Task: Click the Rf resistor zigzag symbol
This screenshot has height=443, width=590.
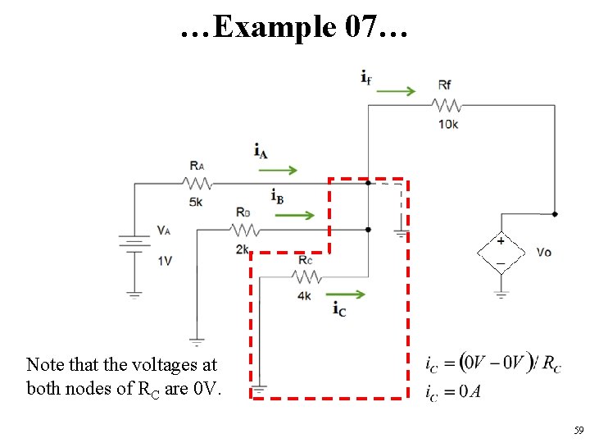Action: click(x=447, y=106)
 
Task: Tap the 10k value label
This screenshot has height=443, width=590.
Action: click(x=448, y=125)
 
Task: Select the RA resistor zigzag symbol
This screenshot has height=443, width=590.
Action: click(x=197, y=184)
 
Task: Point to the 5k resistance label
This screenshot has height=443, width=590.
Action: click(x=196, y=203)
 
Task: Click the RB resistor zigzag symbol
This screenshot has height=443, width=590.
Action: click(x=244, y=230)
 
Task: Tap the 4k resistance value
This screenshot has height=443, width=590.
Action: click(x=304, y=296)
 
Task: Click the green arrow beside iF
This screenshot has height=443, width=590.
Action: click(x=396, y=91)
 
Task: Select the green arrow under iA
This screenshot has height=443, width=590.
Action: click(x=278, y=171)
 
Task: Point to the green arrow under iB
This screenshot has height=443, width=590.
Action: click(x=295, y=216)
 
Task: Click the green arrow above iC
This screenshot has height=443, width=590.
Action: click(x=346, y=295)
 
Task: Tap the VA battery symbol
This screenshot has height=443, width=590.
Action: click(x=134, y=243)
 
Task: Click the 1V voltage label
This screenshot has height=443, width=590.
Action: click(x=165, y=261)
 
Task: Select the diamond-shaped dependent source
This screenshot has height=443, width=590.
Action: click(x=501, y=253)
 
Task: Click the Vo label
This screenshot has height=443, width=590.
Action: click(x=544, y=253)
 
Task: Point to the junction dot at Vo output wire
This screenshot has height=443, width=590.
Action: click(x=555, y=214)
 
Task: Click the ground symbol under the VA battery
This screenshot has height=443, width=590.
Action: click(x=134, y=295)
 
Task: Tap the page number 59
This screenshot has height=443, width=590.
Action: click(x=579, y=430)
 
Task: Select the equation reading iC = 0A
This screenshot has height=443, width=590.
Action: click(x=453, y=392)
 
